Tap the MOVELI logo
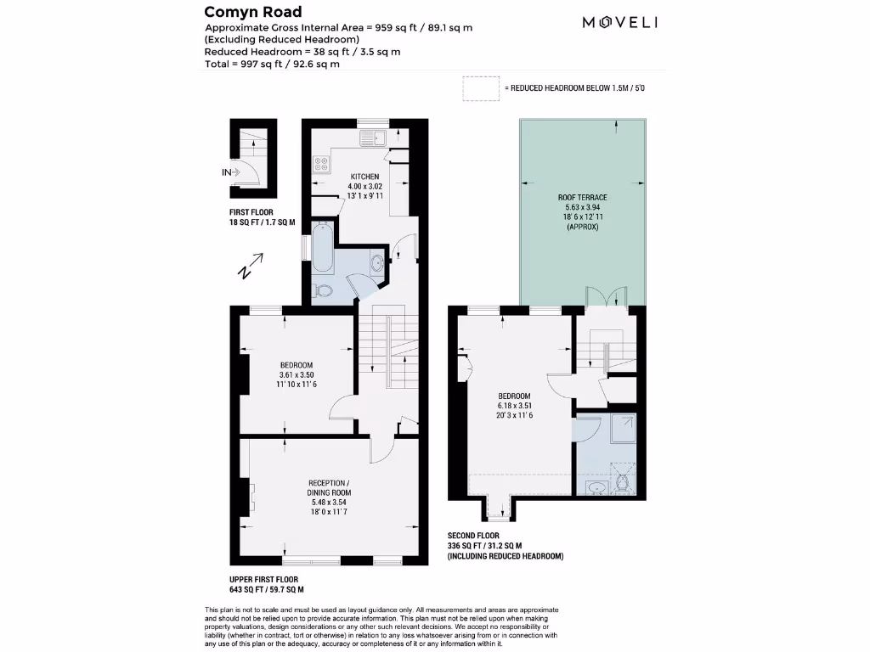pyautogui.click(x=619, y=23)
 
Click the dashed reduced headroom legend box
pyautogui.click(x=481, y=88)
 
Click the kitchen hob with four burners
pyautogui.click(x=322, y=164)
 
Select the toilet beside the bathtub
pyautogui.click(x=323, y=290)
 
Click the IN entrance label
pyautogui.click(x=227, y=173)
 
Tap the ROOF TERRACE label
pyautogui.click(x=582, y=197)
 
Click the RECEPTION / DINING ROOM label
pyautogui.click(x=329, y=487)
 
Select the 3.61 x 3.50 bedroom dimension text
pyautogui.click(x=297, y=375)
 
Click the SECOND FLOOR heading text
pyautogui.click(x=479, y=536)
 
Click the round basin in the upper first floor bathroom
pyautogui.click(x=376, y=264)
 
